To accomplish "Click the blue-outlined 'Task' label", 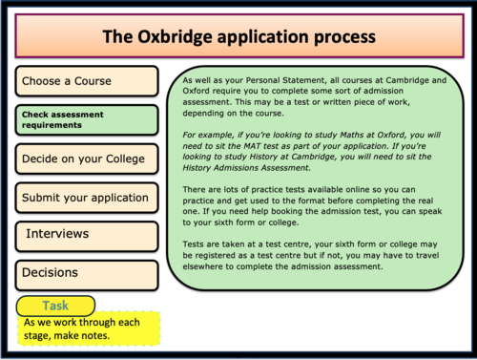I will coord(55,306).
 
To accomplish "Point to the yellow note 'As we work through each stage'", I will coord(91,328).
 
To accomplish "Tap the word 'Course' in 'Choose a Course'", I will coord(93,81).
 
